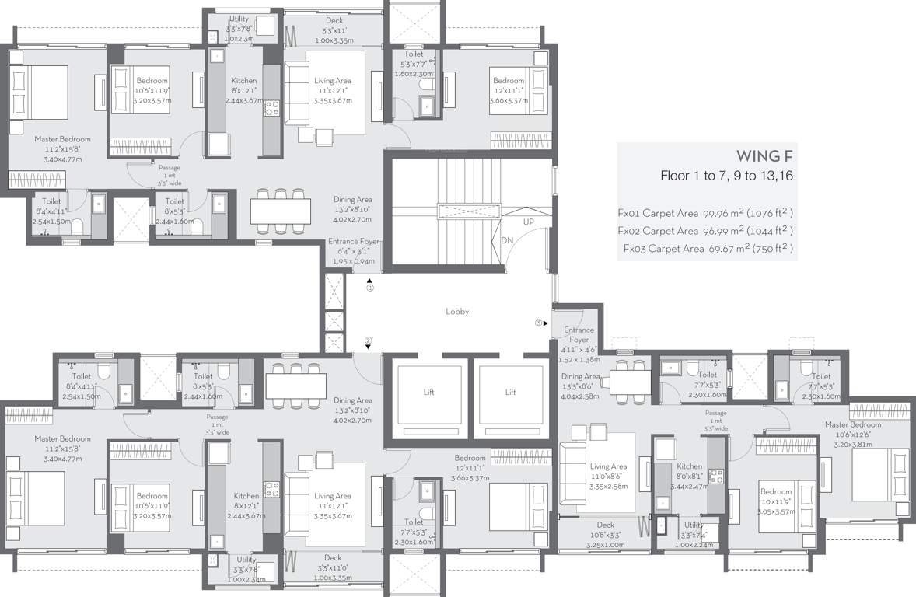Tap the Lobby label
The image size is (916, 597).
point(457,311)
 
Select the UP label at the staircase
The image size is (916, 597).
point(528,222)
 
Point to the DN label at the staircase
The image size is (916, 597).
point(506,240)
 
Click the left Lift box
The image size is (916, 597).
point(428,392)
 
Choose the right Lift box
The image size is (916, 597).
point(510,392)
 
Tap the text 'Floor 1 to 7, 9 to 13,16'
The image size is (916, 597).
point(727,176)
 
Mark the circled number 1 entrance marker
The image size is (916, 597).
point(370,288)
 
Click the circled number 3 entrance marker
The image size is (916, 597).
point(537,323)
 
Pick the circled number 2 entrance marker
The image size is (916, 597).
point(369,340)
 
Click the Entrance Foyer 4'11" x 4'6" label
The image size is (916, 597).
point(579,340)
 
